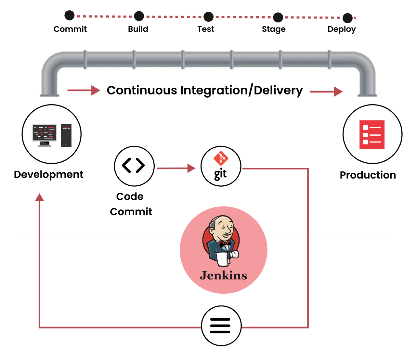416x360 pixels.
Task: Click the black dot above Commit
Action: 70,15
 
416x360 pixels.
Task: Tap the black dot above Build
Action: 139,16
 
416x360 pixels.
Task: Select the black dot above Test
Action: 208,17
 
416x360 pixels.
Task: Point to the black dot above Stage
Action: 278,17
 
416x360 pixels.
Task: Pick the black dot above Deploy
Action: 347,18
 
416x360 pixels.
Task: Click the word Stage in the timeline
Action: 274,29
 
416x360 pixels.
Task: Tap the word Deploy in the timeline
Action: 342,29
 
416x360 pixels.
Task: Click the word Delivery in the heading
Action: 278,90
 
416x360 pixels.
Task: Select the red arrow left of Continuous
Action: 84,90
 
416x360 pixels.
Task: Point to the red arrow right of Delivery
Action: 326,92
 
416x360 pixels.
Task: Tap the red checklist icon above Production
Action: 372,135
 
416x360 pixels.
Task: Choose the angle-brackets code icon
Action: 134,166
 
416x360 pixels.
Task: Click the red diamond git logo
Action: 221,158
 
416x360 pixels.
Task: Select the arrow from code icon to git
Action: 176,168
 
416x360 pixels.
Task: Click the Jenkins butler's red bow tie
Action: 224,243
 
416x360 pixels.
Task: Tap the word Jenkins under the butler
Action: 224,276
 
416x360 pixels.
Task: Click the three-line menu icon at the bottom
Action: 220,326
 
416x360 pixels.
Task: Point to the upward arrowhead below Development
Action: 39,197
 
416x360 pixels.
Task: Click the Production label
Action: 368,175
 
